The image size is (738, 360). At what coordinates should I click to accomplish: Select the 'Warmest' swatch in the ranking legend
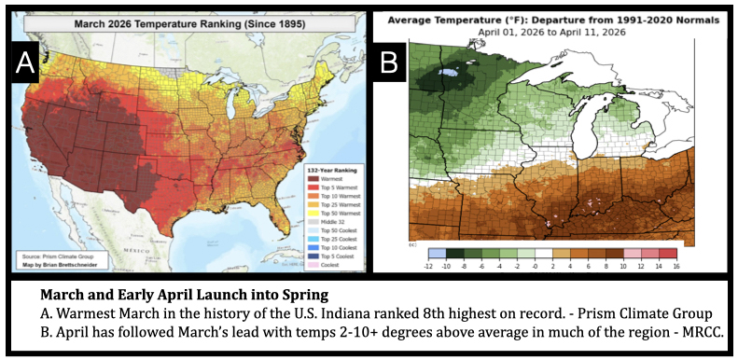[x=313, y=178]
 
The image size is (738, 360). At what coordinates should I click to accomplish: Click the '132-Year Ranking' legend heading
[x=330, y=169]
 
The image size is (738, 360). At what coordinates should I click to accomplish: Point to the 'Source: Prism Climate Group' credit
[x=54, y=254]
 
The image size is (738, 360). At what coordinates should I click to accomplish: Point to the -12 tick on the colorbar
[x=428, y=265]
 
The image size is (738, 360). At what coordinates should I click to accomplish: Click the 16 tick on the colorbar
[x=675, y=265]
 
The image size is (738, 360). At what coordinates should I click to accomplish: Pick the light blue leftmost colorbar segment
[x=437, y=254]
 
